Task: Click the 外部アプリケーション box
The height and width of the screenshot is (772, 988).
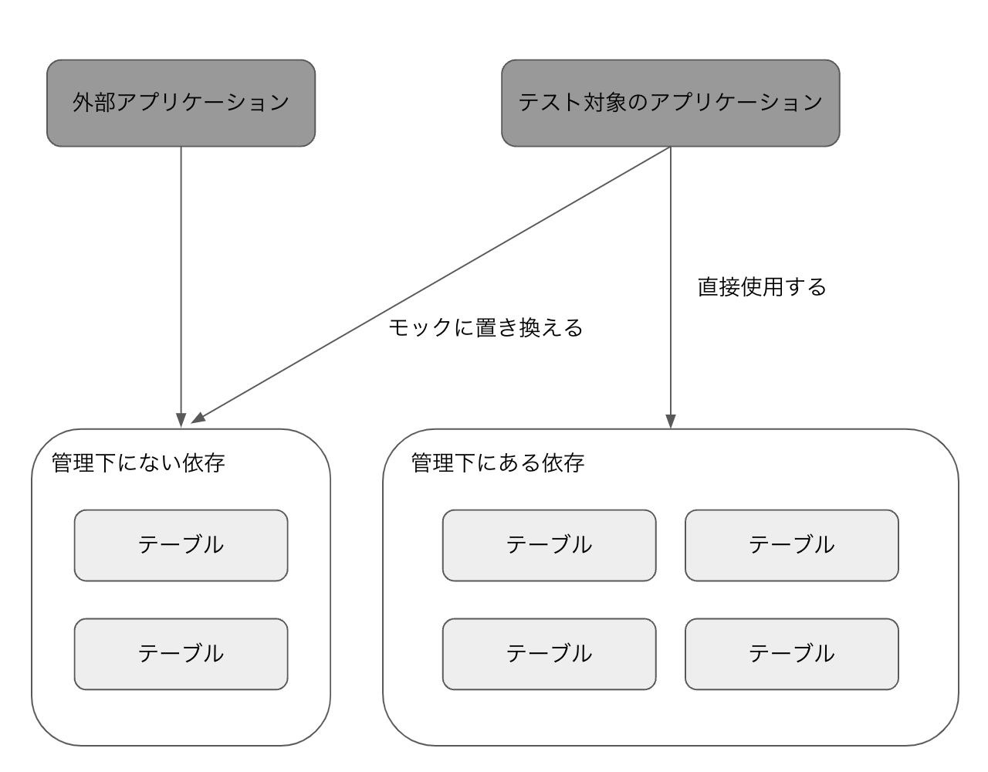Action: coord(181,103)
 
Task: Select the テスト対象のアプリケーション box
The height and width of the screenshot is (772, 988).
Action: coord(670,103)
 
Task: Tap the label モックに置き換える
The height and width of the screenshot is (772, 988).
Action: coord(485,327)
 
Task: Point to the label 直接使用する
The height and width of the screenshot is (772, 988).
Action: coord(762,287)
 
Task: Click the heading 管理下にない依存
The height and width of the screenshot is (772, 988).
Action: coord(138,463)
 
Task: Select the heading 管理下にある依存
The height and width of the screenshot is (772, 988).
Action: coord(498,463)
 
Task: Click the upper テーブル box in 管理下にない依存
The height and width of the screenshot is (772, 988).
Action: coord(181,545)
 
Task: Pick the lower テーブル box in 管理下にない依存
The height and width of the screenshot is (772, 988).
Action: coord(181,654)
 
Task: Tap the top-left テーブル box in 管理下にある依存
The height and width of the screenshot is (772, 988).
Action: coord(549,545)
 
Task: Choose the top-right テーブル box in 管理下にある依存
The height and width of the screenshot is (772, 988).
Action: coord(791,545)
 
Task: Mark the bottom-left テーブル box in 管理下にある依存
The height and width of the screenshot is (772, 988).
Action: coord(549,654)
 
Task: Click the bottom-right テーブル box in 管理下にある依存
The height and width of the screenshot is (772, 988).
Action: coord(791,654)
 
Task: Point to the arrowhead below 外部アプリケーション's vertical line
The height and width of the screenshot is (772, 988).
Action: coord(181,421)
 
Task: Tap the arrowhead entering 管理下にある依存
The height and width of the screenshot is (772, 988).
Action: coord(670,421)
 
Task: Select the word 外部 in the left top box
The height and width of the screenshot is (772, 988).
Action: coord(94,103)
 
